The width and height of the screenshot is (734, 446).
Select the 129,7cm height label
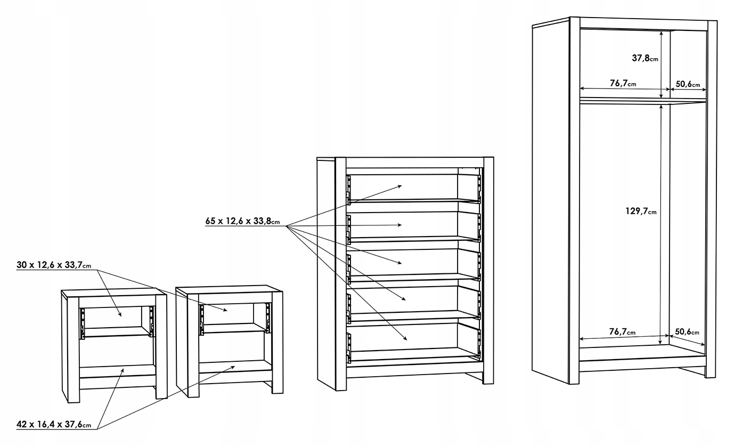(x=641, y=212)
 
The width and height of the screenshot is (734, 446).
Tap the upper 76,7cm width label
(x=622, y=83)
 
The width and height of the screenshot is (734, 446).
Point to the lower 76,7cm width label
(x=622, y=332)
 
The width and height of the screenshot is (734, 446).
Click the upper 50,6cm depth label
(x=688, y=83)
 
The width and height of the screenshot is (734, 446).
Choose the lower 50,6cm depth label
(x=687, y=332)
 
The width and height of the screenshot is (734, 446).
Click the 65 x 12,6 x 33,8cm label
(x=242, y=221)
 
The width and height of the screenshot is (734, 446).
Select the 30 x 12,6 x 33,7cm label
(x=53, y=265)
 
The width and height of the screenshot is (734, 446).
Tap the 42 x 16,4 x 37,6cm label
(x=53, y=425)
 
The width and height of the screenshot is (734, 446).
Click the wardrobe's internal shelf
(x=642, y=101)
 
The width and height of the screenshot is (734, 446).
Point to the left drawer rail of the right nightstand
(x=202, y=319)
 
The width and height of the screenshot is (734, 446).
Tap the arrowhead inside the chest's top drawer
(x=399, y=186)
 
